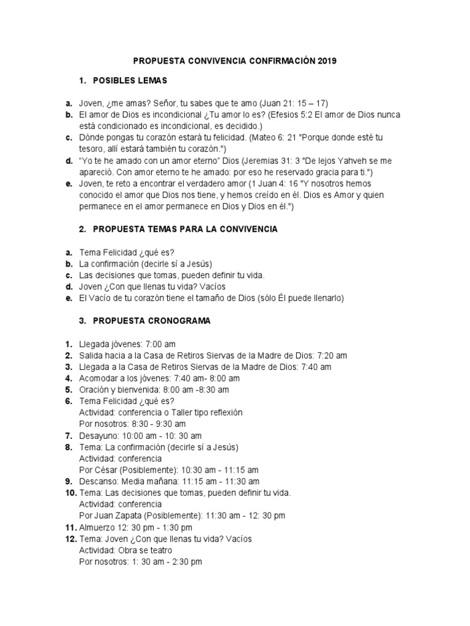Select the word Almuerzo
[98, 528]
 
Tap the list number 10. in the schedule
[69, 493]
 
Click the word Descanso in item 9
[99, 482]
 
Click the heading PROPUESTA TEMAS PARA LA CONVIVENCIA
[185, 229]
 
